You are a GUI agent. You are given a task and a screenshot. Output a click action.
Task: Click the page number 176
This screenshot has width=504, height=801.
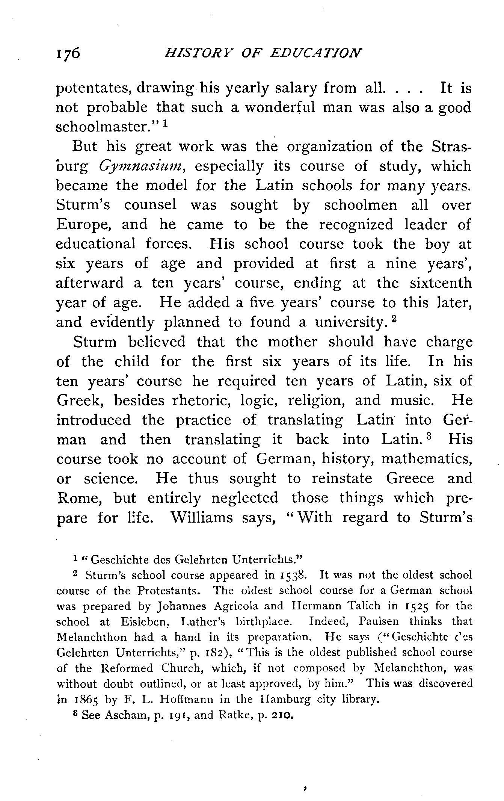pyautogui.click(x=68, y=53)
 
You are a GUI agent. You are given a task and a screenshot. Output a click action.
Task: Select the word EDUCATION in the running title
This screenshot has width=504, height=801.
pyautogui.click(x=316, y=53)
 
